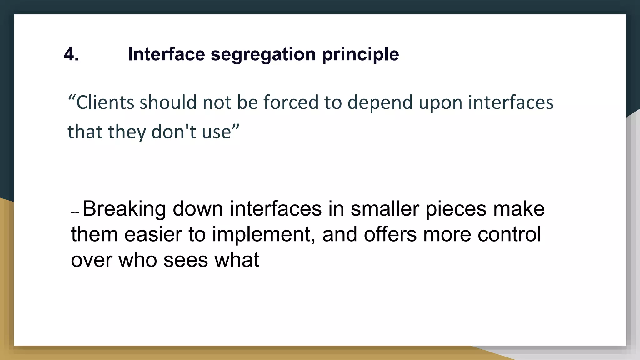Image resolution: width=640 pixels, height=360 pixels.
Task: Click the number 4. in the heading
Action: click(71, 54)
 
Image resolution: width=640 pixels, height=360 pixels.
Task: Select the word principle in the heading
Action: click(360, 54)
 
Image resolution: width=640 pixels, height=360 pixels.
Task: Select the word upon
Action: click(440, 102)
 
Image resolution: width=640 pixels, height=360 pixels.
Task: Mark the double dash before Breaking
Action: click(75, 212)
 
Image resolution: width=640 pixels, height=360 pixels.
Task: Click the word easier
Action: click(153, 234)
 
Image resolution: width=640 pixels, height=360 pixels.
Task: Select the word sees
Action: click(186, 260)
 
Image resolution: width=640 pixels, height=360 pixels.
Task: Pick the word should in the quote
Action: click(168, 102)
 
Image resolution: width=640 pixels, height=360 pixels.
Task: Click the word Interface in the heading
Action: click(167, 54)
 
